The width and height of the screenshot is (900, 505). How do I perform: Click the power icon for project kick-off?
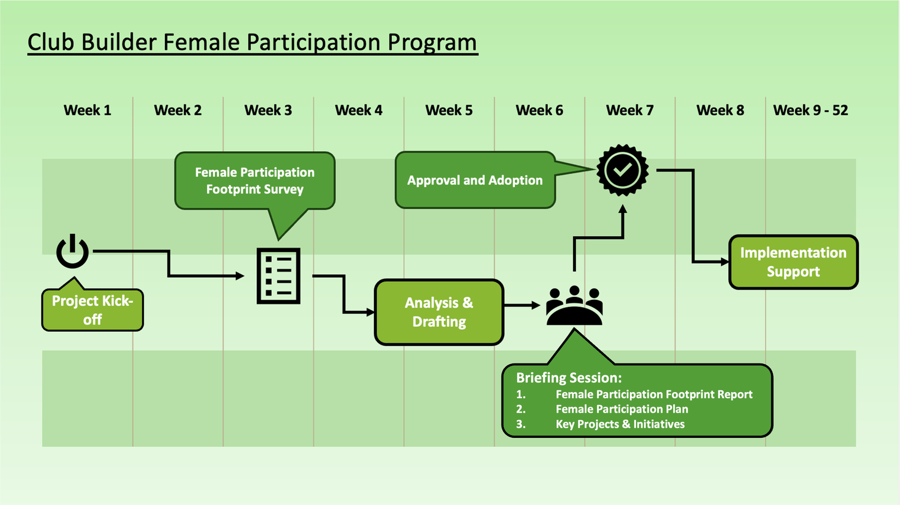(x=73, y=251)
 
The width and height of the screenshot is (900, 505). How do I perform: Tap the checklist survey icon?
(x=278, y=276)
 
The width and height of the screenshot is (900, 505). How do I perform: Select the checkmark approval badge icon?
(x=622, y=170)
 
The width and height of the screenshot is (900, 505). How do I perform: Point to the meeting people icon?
(x=574, y=305)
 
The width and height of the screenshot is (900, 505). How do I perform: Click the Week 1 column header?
(x=87, y=110)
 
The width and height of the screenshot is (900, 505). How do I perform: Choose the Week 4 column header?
(x=358, y=110)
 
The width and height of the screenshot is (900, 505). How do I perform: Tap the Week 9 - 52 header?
(x=811, y=110)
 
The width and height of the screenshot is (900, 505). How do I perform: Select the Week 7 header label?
(x=629, y=110)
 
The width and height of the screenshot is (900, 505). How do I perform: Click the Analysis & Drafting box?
(x=439, y=312)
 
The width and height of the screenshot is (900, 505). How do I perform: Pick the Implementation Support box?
(x=794, y=262)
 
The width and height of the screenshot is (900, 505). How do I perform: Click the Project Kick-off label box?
(x=92, y=309)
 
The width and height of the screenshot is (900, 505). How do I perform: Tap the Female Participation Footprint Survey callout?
(x=255, y=181)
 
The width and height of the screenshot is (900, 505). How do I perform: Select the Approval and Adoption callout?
(x=475, y=180)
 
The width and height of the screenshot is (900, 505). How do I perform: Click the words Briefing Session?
(x=569, y=378)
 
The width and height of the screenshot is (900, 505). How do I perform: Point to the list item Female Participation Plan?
(x=622, y=409)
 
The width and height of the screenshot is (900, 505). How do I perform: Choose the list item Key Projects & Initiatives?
(x=620, y=424)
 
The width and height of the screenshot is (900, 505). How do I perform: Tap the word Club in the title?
(x=51, y=42)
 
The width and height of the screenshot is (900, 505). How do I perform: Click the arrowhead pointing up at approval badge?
(x=623, y=209)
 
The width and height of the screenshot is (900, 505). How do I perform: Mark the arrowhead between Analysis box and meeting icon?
(x=536, y=305)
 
